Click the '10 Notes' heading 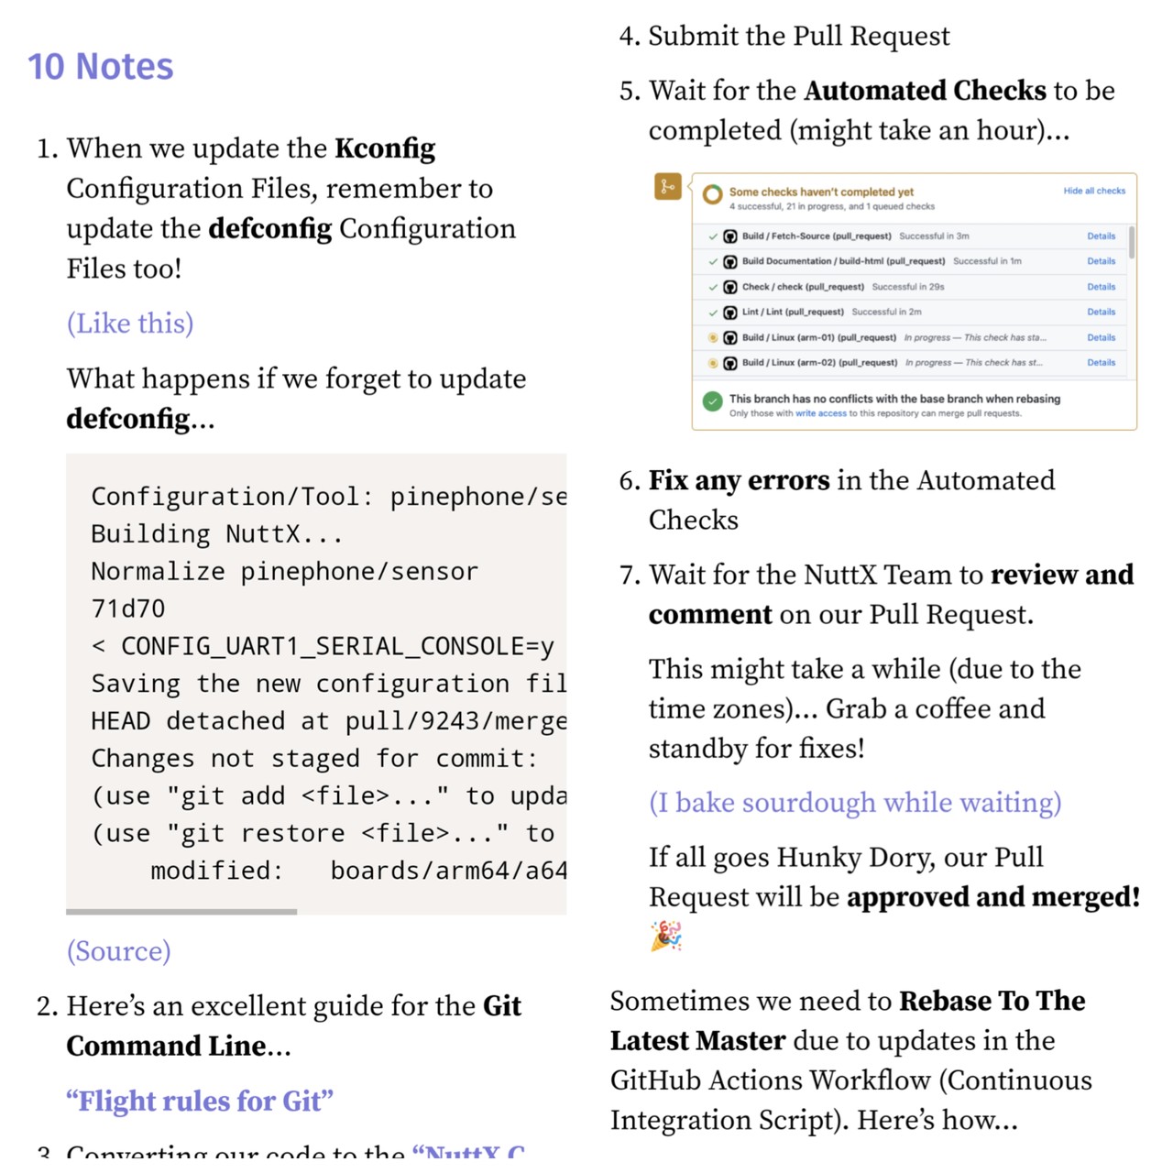(100, 67)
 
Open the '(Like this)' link (130, 323)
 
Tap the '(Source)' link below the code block (118, 951)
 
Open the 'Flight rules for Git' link (200, 1101)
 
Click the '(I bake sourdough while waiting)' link (855, 803)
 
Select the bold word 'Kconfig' (385, 148)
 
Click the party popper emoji (666, 937)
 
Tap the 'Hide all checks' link (1094, 192)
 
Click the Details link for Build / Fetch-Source (1101, 236)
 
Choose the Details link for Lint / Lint (1101, 312)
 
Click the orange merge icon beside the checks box (667, 187)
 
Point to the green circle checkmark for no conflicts (712, 401)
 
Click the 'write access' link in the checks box (820, 413)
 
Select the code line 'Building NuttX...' (216, 534)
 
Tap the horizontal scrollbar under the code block (181, 912)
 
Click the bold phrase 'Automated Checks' (925, 91)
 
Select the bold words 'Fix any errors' (739, 480)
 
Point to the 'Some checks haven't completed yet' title (821, 192)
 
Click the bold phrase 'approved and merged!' (993, 897)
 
